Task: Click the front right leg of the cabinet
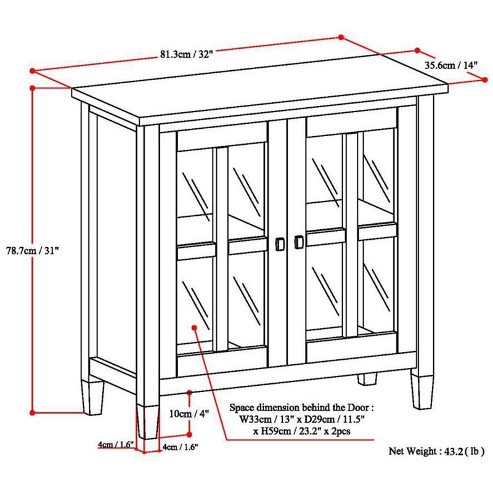pos(423,389)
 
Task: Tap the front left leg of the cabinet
pos(147,418)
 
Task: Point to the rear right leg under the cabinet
pos(369,378)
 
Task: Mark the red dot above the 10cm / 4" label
pos(189,392)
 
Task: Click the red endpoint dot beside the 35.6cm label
pos(417,51)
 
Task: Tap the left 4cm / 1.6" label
pos(116,444)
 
